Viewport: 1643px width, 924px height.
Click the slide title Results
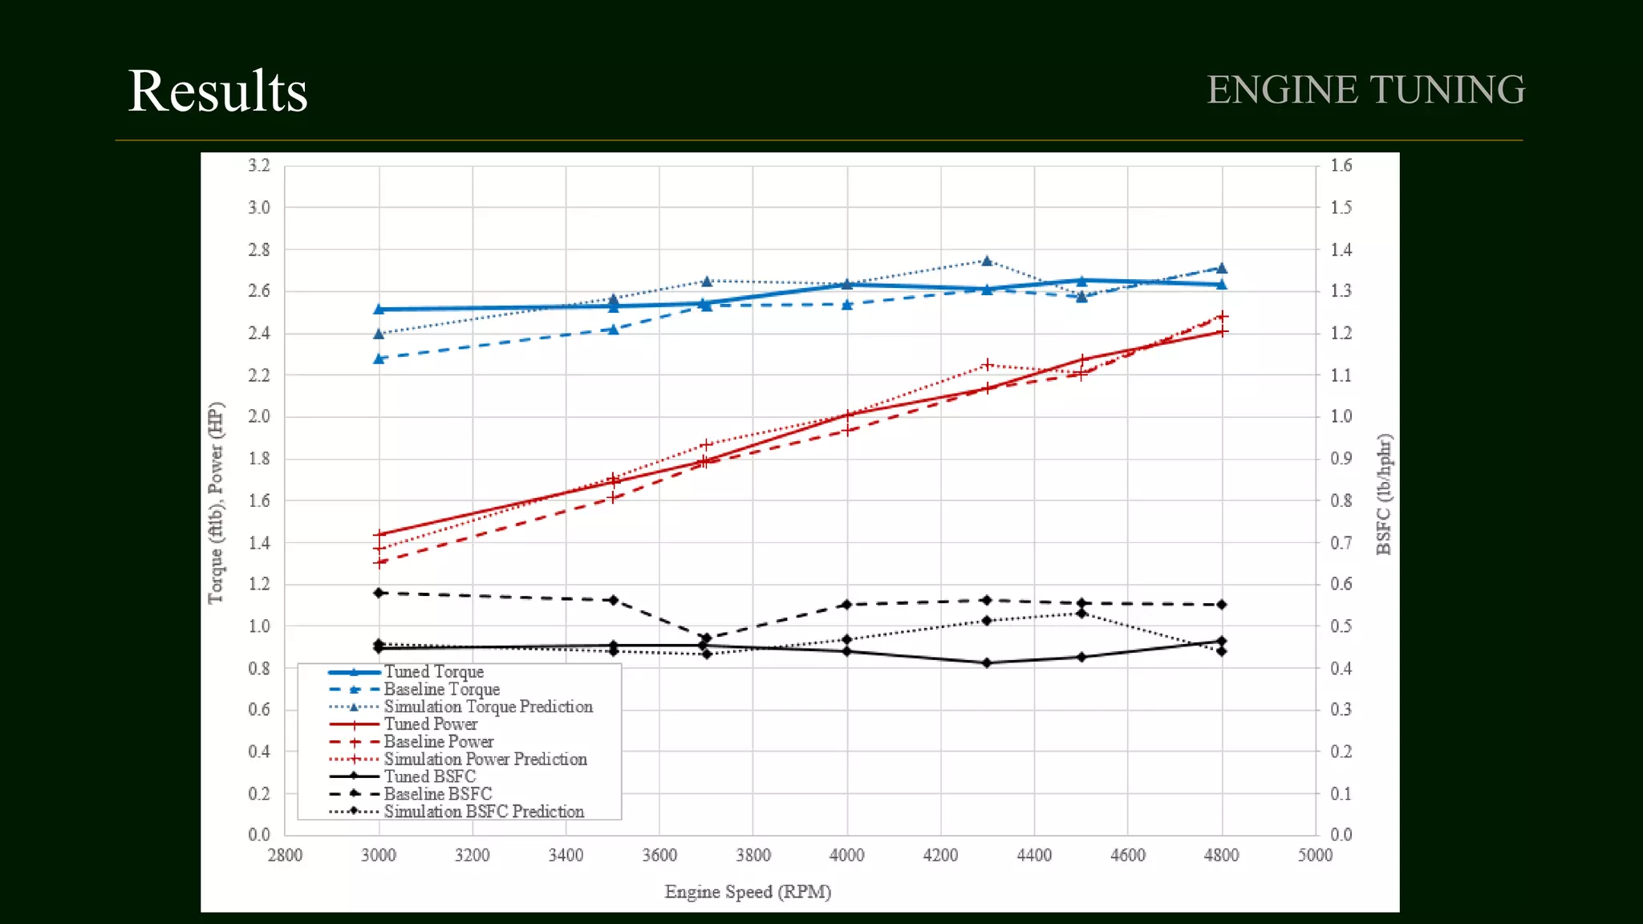click(x=217, y=91)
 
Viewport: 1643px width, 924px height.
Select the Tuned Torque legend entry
click(x=433, y=672)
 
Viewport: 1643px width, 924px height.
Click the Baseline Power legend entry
click(x=438, y=742)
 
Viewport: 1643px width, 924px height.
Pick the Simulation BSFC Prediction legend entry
click(x=483, y=812)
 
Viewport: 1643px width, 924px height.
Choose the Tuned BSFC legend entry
click(x=429, y=776)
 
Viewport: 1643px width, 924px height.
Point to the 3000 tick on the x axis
click(x=379, y=855)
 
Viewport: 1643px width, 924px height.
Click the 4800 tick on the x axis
click(x=1221, y=855)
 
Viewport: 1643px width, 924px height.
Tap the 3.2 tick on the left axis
click(x=259, y=166)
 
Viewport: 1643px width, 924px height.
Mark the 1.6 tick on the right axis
click(x=1341, y=166)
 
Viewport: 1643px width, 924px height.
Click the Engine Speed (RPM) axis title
click(x=748, y=892)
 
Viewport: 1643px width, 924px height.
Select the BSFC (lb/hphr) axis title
click(x=1384, y=494)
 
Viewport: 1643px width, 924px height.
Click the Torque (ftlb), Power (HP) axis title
click(x=216, y=502)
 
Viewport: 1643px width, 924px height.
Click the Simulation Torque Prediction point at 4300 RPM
click(x=987, y=261)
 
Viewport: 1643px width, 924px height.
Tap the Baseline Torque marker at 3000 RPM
click(x=379, y=359)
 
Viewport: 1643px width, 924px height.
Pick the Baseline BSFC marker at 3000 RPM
click(x=379, y=594)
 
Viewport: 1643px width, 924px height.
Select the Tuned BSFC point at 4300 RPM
click(x=987, y=663)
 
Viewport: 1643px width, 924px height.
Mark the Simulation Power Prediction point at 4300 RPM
click(x=987, y=365)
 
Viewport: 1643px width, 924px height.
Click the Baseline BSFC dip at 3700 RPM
click(x=706, y=638)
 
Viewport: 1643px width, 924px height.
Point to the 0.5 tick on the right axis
click(x=1341, y=626)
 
